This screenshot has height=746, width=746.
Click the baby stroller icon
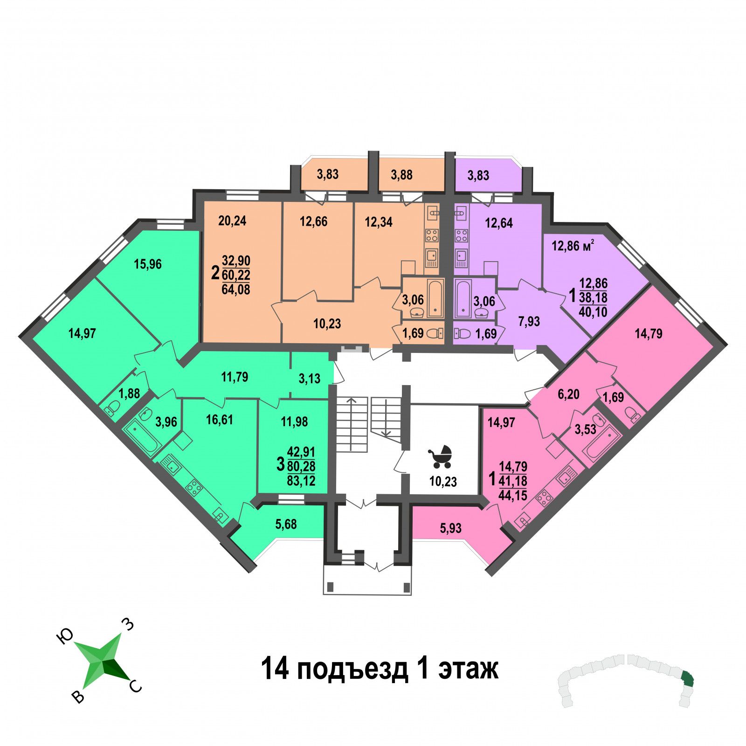pos(440,456)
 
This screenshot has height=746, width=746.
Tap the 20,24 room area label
pos(232,221)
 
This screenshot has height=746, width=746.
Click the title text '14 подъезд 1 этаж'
pos(380,669)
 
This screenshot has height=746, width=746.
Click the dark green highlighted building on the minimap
pos(687,679)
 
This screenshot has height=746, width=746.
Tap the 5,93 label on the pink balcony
pos(450,528)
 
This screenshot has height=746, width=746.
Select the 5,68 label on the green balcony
pos(286,525)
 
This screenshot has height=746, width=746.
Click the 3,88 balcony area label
pos(401,175)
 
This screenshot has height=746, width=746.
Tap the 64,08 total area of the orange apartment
pos(236,290)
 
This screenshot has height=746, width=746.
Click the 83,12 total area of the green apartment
pos(301,480)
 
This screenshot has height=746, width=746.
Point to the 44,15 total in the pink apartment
pos(513,495)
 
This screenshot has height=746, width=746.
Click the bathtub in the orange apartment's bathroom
pos(435,298)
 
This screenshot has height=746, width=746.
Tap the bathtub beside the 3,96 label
pos(142,436)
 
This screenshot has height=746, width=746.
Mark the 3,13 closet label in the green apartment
pos(310,379)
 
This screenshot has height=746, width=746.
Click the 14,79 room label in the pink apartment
pos(649,334)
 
